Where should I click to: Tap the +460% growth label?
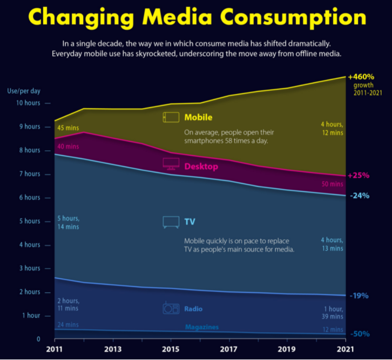(x=361, y=76)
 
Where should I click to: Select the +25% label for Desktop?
(x=359, y=176)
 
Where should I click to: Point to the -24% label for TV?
(x=359, y=196)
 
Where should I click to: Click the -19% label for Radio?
(x=359, y=296)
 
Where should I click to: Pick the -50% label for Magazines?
(x=359, y=334)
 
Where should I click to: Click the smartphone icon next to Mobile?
(x=171, y=117)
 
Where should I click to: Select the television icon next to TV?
(x=171, y=222)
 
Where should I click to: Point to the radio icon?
(x=171, y=309)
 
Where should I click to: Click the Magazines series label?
(x=201, y=327)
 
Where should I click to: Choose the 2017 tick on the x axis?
(x=229, y=349)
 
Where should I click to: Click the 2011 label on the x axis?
(x=55, y=349)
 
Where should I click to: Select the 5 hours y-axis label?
(x=30, y=221)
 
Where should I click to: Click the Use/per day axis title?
(x=23, y=91)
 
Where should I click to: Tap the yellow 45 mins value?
(x=67, y=128)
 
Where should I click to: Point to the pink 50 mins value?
(x=332, y=184)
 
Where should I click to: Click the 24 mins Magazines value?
(x=68, y=325)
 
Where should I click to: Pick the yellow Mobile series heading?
(x=198, y=117)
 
